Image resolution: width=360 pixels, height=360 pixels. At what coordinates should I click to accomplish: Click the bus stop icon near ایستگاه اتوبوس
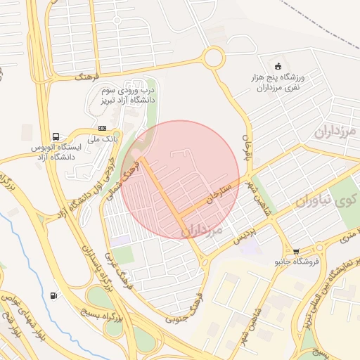pos(55,136)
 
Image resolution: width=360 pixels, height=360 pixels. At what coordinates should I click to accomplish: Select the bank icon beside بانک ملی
pos(103,128)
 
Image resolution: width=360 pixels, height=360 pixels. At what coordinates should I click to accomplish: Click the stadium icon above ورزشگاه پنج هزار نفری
pos(277,65)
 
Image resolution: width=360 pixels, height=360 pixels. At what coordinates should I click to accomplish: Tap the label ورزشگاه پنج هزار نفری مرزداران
pos(277,83)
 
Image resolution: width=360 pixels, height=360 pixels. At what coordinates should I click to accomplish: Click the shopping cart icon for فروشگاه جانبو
pos(296,251)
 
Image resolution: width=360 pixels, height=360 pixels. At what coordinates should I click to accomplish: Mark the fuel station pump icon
pos(55,295)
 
